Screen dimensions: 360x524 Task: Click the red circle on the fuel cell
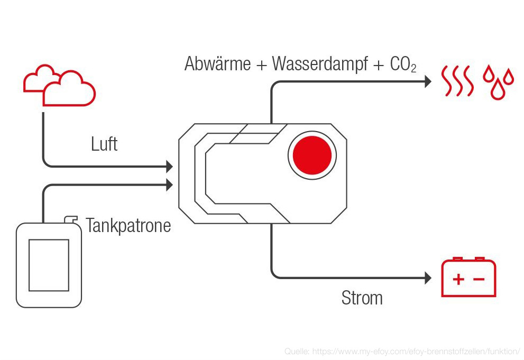coord(312,155)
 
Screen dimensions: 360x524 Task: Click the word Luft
coord(104,144)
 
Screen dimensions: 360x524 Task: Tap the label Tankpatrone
coord(128,226)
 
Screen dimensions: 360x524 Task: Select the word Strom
coord(362,298)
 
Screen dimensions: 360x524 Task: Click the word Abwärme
coord(217,64)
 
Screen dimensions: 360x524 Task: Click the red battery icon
coord(468,278)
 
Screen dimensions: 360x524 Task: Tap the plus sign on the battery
coord(458,279)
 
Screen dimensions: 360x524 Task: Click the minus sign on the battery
coord(478,279)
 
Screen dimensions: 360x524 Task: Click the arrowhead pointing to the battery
coord(429,278)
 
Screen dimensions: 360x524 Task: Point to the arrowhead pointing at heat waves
coord(429,81)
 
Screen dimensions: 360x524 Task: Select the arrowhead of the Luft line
coord(169,167)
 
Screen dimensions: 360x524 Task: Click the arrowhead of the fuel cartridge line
coord(169,184)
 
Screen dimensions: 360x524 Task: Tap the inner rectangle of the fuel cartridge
coord(49,264)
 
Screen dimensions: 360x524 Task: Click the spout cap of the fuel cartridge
coord(70,219)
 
